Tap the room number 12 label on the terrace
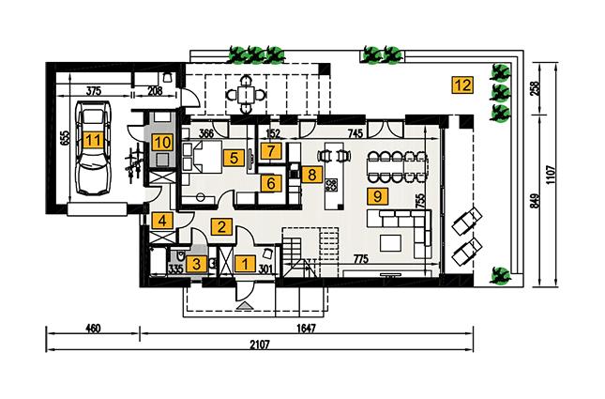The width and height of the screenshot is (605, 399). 461,84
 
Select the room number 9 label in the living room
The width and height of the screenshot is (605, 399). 376,196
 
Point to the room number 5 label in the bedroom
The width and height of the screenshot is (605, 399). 234,159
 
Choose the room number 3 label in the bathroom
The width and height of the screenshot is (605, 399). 194,265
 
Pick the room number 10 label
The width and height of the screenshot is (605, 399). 162,143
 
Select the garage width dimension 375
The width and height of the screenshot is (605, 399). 93,91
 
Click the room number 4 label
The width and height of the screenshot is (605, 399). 162,223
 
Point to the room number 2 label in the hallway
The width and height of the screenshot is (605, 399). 222,225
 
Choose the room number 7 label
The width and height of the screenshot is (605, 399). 270,150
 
